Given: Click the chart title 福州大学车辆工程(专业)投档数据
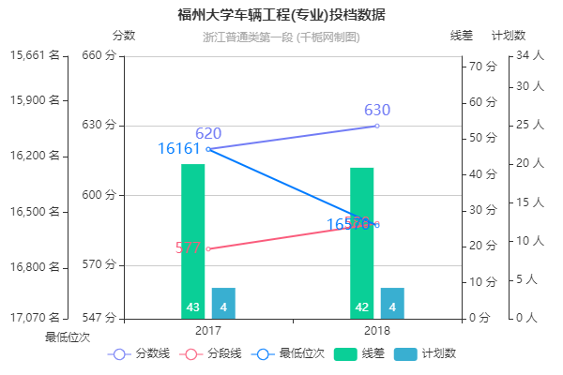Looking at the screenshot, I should click(x=281, y=15).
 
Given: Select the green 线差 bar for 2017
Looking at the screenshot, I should click(x=193, y=241).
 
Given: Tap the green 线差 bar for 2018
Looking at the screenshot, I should click(x=362, y=243).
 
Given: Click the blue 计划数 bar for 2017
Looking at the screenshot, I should click(x=223, y=303).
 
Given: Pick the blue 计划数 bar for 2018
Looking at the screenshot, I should click(x=392, y=303).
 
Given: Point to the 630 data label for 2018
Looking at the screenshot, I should click(x=377, y=111).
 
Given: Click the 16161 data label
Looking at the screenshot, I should click(x=179, y=149).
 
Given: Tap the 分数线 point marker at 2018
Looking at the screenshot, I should click(x=377, y=126).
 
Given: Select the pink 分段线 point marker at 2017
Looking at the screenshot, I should click(x=208, y=248).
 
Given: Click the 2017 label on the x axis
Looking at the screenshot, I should click(x=208, y=331).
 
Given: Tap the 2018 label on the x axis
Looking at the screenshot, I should click(x=377, y=331).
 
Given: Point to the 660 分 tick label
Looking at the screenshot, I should click(x=98, y=55).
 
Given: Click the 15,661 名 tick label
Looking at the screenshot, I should click(x=35, y=55).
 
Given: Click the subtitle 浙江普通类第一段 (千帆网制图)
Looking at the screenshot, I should click(x=281, y=37).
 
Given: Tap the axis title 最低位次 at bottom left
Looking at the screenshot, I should click(x=68, y=336).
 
